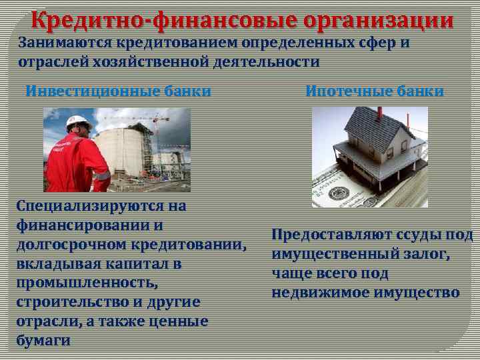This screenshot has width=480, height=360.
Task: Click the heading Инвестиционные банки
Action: (x=118, y=91)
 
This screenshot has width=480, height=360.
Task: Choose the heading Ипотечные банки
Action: (x=374, y=91)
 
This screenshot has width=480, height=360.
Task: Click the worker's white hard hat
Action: (x=79, y=122)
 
